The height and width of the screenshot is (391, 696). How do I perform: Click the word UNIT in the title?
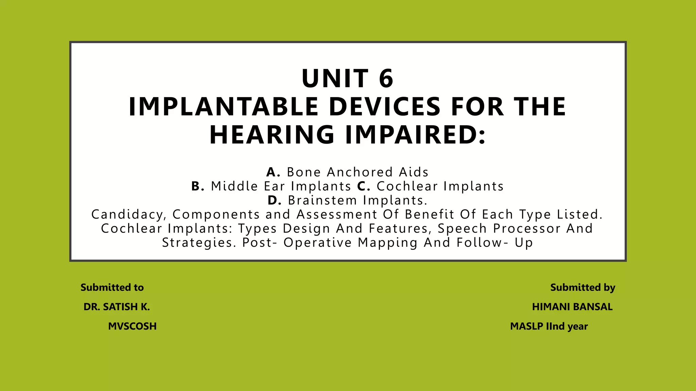coord(335,78)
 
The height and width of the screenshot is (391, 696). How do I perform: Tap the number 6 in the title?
coord(386,78)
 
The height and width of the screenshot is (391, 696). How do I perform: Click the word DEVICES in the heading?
coord(385,107)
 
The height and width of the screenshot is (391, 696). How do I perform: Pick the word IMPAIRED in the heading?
coord(415,135)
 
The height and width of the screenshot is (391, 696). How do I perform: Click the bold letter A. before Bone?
coord(273,172)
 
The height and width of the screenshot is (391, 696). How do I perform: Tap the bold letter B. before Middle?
coord(198,186)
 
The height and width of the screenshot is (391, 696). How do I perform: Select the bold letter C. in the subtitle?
coord(364,186)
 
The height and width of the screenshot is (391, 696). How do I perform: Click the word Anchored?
coord(360,172)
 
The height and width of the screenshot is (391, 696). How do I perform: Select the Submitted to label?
coord(112,287)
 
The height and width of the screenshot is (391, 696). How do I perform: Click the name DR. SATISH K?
coord(117,307)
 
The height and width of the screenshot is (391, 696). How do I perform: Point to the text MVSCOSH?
coord(132,326)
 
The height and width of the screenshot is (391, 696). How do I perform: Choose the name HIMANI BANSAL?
coord(572,307)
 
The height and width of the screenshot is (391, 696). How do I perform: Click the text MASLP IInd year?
coord(549,326)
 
